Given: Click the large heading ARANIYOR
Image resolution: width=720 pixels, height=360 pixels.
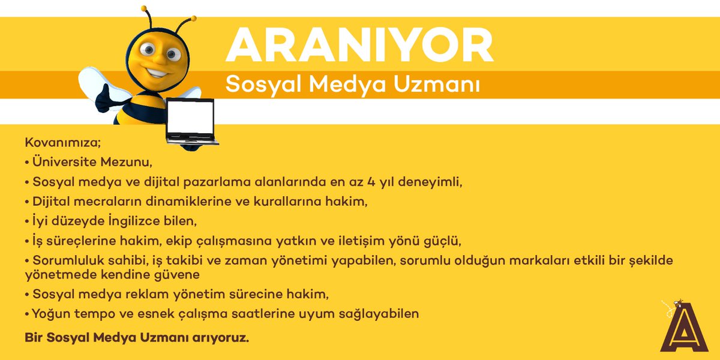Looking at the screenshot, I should [359, 44].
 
